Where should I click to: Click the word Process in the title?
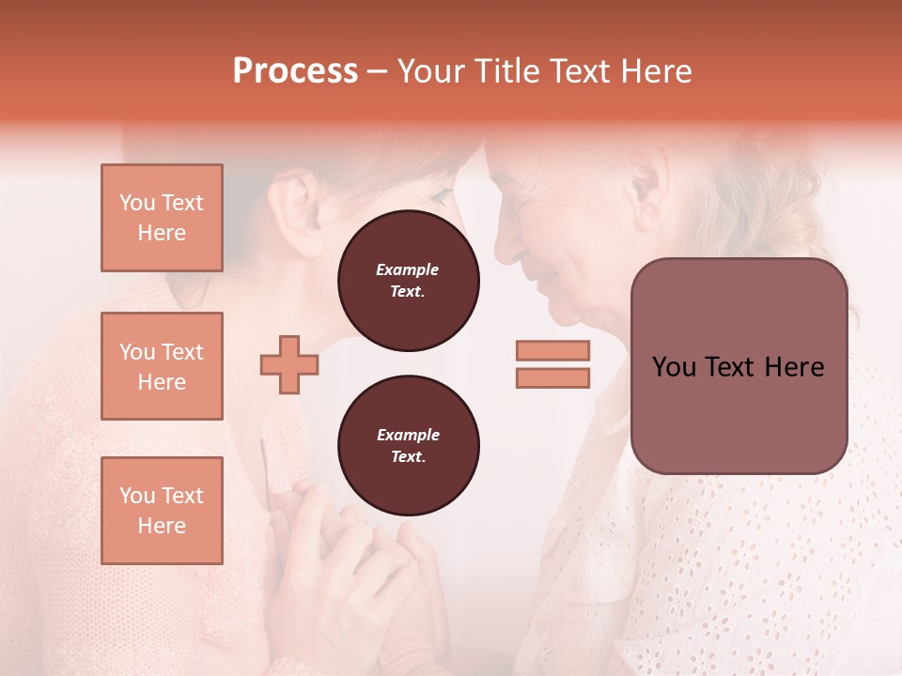click(295, 71)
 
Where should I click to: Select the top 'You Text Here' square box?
click(162, 218)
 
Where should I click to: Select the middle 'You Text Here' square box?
click(162, 366)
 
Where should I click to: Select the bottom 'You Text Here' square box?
click(162, 510)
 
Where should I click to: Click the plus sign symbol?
click(288, 364)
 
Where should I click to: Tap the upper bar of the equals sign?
click(552, 350)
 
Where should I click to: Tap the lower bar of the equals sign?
click(552, 378)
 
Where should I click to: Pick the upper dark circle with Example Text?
click(408, 281)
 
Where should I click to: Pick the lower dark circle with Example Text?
click(408, 446)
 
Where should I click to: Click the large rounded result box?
click(739, 366)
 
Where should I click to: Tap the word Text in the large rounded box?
click(737, 367)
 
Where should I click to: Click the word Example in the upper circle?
click(408, 269)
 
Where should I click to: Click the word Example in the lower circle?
click(408, 435)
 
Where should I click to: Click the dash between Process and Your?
click(378, 73)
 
